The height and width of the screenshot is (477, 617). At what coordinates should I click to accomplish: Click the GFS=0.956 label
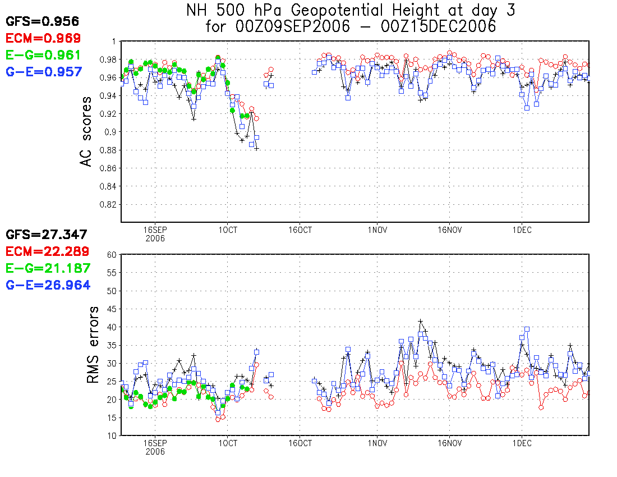coord(42,21)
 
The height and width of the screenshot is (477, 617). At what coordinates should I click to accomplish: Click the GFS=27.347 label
coord(46,235)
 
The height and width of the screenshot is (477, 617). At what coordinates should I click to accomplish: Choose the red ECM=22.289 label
coord(47,251)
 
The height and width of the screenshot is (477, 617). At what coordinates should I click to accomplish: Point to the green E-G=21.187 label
coord(47,268)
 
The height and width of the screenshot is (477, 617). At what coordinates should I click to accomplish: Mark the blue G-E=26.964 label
coord(47,285)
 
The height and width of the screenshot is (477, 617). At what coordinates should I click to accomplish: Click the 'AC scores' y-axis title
coord(86,131)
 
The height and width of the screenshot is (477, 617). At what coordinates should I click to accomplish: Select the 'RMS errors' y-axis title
coord(93,345)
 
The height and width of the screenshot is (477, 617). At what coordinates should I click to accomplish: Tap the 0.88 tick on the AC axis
coord(107,150)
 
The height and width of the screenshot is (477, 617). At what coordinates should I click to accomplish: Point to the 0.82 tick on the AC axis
coord(107,204)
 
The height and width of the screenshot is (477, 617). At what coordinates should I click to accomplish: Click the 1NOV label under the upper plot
coord(377,230)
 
